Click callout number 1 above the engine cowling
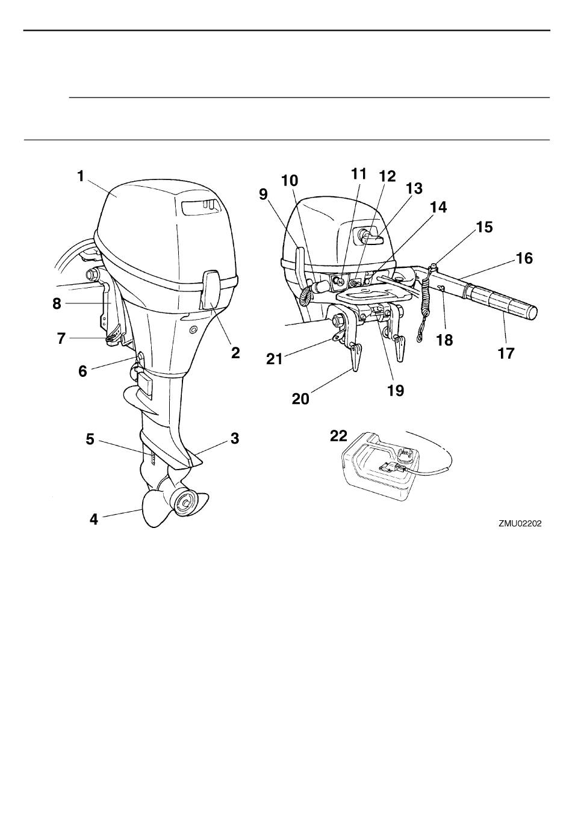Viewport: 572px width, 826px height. click(80, 176)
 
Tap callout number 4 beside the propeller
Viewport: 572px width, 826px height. click(94, 518)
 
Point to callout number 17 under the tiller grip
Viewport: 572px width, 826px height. click(506, 353)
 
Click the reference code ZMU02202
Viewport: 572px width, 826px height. click(520, 524)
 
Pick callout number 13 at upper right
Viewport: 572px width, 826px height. click(414, 188)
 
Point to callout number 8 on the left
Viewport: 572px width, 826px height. click(57, 303)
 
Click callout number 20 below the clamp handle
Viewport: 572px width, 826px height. click(300, 398)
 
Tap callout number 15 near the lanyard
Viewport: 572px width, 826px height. click(484, 227)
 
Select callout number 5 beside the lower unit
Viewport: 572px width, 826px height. click(90, 439)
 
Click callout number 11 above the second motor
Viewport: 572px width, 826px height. click(358, 173)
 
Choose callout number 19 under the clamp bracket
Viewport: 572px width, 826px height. click(396, 390)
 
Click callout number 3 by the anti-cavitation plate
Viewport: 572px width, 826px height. click(235, 438)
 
